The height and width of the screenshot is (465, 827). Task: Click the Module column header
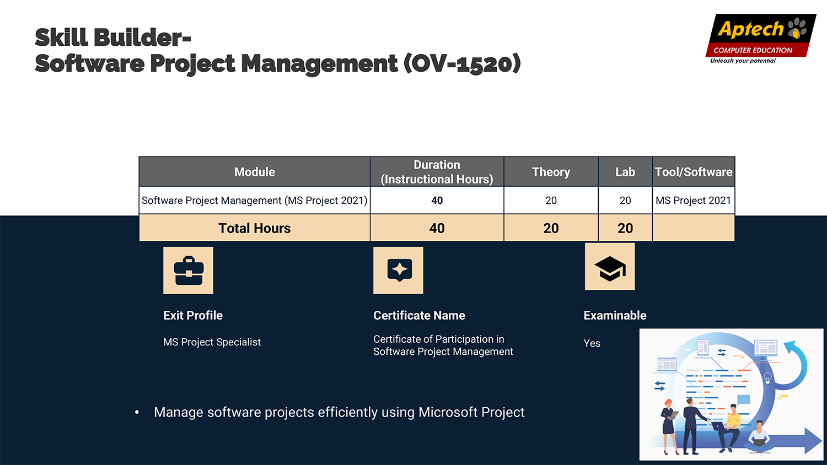point(254,172)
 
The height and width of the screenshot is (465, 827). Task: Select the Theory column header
point(551,172)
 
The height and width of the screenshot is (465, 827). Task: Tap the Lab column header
point(625,172)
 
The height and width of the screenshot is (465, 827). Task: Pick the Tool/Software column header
point(694,172)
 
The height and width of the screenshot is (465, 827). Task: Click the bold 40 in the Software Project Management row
point(437,201)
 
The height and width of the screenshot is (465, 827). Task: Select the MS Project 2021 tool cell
point(693,201)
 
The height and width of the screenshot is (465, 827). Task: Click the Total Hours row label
point(254,228)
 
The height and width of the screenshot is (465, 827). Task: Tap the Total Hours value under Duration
point(437,228)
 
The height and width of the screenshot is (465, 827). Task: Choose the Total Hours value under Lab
point(625,228)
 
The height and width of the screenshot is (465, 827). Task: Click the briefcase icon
point(189,271)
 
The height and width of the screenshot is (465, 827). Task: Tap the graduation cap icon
point(610,267)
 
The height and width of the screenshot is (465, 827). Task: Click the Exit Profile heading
point(193,315)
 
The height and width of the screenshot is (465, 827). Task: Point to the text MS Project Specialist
point(212,342)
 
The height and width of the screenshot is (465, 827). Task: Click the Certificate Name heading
point(419,315)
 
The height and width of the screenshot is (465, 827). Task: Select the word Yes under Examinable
point(592,343)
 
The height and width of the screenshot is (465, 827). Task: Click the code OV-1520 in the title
point(462,63)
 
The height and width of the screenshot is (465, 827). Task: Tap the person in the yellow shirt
point(729,428)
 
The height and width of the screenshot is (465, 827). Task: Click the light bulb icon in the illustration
point(768,378)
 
